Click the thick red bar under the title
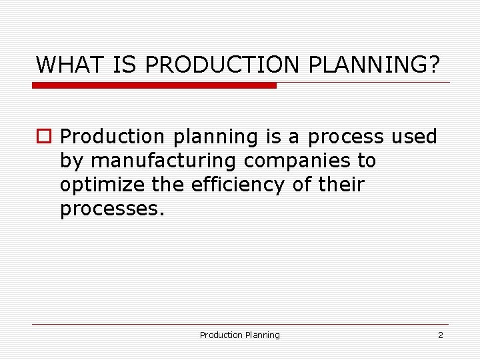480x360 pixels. coord(154,85)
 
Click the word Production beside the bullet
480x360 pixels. coord(112,137)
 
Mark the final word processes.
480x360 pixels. coord(111,210)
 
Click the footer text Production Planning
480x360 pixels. coord(240,335)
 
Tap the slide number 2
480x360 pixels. coord(440,335)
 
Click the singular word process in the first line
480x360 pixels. coord(345,138)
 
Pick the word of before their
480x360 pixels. coord(301,185)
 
